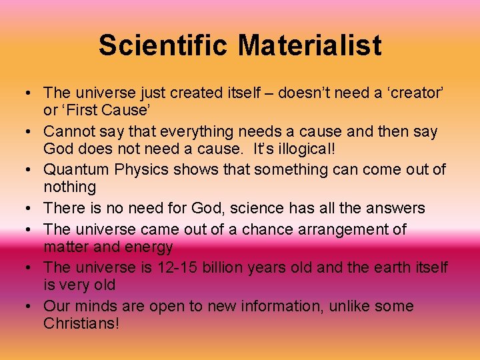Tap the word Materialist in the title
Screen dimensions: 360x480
(x=310, y=45)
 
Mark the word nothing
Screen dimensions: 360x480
(x=70, y=187)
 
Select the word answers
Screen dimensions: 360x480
(x=396, y=209)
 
